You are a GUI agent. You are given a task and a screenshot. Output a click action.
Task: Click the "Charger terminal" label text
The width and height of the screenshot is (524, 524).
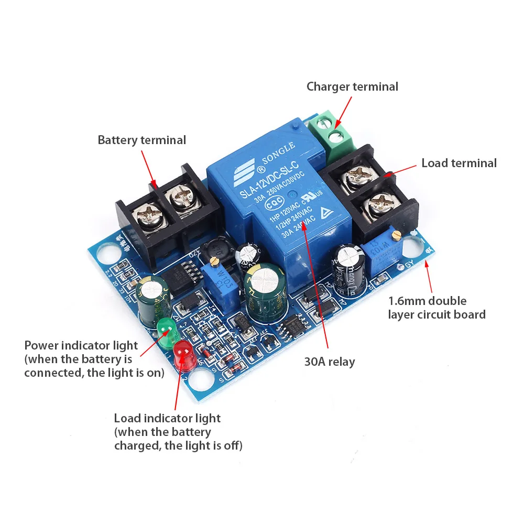[x=352, y=86]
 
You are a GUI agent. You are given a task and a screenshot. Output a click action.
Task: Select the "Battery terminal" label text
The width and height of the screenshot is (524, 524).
[x=141, y=140]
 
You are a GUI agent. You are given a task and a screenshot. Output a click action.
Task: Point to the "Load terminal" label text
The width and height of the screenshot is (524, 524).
[x=459, y=163]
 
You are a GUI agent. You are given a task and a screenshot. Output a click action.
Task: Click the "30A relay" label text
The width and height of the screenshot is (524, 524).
[x=330, y=362]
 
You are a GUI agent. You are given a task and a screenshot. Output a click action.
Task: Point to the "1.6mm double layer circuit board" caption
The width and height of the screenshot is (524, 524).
[x=436, y=308]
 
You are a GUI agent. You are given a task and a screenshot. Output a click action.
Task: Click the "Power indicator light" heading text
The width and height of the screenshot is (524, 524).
[x=81, y=345]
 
